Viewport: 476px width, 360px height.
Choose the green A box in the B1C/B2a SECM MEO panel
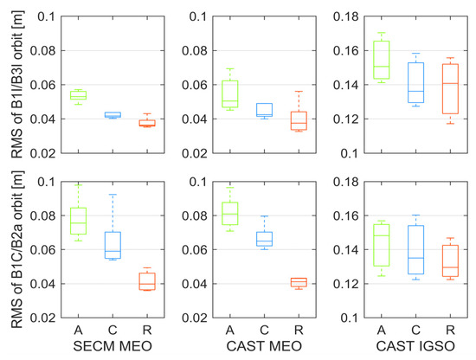pyautogui.click(x=78, y=222)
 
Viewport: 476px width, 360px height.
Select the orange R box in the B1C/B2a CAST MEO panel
pyautogui.click(x=298, y=282)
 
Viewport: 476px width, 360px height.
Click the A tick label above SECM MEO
pyautogui.click(x=78, y=330)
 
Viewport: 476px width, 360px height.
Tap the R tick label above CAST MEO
pyautogui.click(x=298, y=330)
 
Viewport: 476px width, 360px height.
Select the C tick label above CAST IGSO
pyautogui.click(x=415, y=330)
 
